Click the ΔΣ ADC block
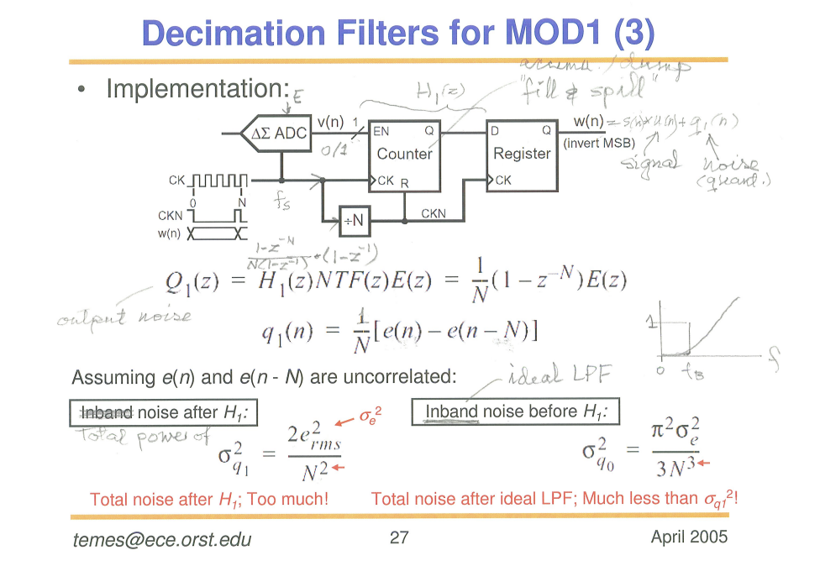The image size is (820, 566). (x=276, y=134)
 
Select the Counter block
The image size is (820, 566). (x=404, y=155)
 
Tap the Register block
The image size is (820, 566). (x=521, y=155)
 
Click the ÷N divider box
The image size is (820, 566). (x=354, y=219)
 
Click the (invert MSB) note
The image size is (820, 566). (x=599, y=142)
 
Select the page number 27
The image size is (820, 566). (x=398, y=538)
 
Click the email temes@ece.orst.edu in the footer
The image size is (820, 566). (x=162, y=539)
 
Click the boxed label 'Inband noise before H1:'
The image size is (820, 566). (x=515, y=411)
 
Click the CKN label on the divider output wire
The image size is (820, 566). (x=434, y=214)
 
